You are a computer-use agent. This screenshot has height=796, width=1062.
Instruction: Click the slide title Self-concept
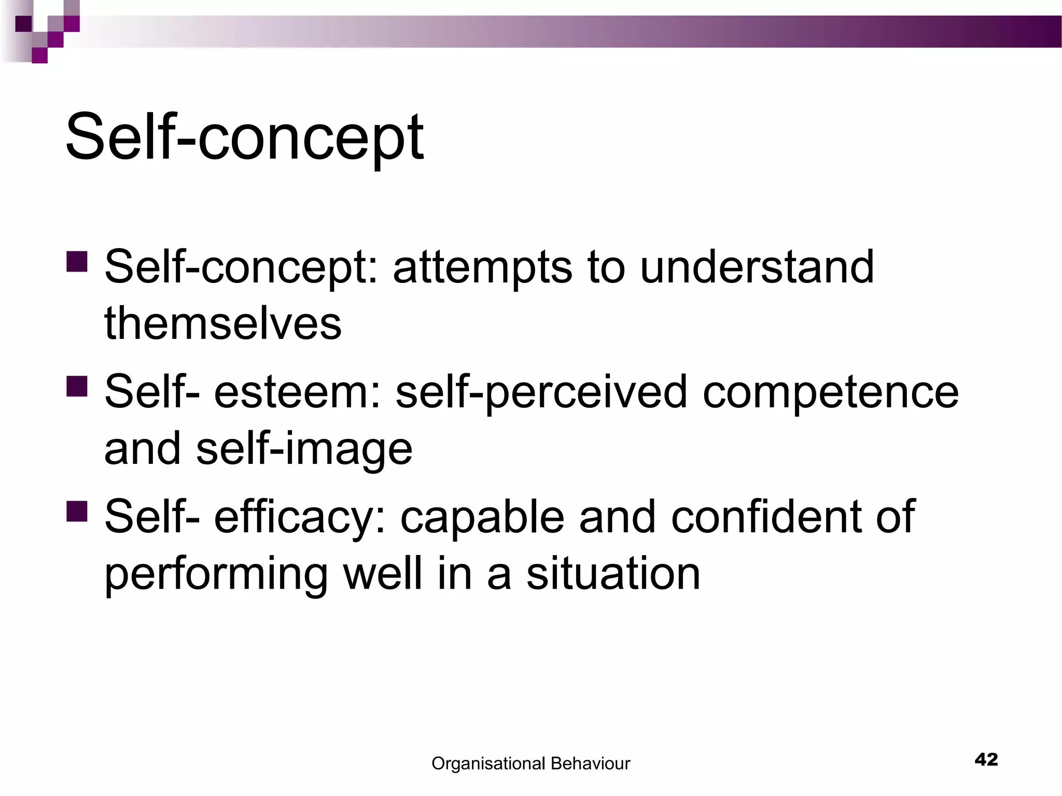244,138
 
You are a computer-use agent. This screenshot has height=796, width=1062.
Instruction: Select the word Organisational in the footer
487,763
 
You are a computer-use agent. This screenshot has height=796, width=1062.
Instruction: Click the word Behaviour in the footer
590,763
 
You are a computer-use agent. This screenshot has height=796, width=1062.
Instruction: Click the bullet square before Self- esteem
77,386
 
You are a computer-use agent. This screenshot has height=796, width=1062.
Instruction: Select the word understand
757,267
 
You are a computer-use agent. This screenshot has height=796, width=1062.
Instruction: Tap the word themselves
223,324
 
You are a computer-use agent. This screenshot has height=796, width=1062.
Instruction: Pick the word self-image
304,449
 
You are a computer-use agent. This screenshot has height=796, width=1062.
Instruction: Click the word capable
482,517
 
